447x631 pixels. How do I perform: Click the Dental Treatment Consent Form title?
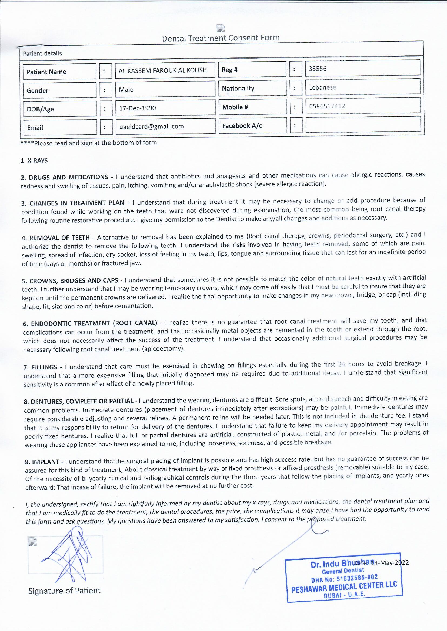coord(221,38)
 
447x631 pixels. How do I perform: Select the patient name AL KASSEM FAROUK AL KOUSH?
coord(162,70)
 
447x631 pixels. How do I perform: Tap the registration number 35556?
coord(318,69)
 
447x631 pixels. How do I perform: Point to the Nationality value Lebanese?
coord(322,88)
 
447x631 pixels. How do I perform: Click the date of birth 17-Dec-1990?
coord(137,108)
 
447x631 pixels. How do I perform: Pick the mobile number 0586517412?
coord(327,106)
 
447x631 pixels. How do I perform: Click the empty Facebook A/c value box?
coord(363,125)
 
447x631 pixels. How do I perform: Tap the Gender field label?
coord(38,90)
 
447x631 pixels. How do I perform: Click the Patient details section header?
coord(42,53)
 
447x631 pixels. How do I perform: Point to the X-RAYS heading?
coord(38,161)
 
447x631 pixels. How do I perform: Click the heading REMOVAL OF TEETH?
coord(59,238)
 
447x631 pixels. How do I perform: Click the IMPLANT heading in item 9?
coord(46,462)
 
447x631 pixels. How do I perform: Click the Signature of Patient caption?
coord(64,591)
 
